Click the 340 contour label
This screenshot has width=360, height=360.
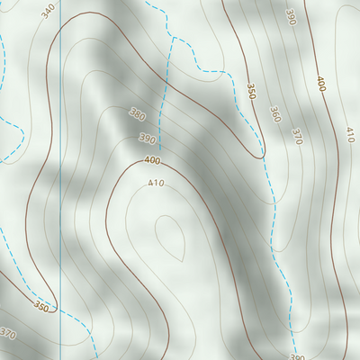[48, 7]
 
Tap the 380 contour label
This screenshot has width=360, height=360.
[137, 114]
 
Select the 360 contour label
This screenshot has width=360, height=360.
[274, 113]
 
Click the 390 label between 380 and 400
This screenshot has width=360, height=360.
[147, 139]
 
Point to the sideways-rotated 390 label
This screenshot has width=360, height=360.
[290, 18]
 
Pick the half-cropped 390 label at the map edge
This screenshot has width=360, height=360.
[297, 356]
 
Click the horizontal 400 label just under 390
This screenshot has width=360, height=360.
[152, 160]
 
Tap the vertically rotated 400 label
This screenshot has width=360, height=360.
[320, 84]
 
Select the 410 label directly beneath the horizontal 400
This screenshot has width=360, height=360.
[156, 184]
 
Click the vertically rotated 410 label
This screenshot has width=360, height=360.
[349, 135]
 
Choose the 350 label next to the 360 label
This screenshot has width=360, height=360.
[252, 92]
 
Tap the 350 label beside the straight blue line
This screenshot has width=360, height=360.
[41, 307]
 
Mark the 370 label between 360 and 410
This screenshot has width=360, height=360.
[295, 135]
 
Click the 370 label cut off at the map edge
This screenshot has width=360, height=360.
[8, 334]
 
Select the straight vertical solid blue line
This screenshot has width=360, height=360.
[60, 180]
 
